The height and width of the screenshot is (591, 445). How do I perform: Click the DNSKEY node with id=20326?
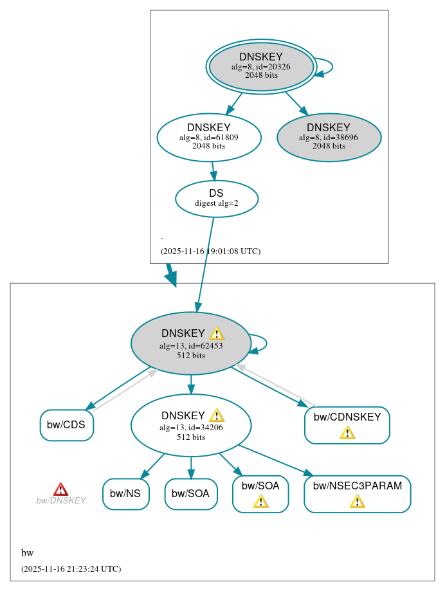(261, 66)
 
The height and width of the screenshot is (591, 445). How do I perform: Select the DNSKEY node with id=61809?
(209, 136)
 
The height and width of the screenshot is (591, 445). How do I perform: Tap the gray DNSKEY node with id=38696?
(329, 137)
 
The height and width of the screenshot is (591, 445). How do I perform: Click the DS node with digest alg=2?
(216, 199)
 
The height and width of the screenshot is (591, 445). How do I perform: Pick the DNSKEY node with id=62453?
(190, 343)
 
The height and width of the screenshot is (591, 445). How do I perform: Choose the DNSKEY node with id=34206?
(190, 425)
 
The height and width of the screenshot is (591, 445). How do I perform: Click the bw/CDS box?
(67, 425)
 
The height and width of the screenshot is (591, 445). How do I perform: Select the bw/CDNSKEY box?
(347, 425)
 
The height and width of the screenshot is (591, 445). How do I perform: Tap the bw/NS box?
(125, 494)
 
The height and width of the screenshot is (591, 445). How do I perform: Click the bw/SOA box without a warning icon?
(191, 494)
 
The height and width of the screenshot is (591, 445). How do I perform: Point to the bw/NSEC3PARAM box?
(357, 494)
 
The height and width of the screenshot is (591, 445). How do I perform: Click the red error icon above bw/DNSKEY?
(60, 489)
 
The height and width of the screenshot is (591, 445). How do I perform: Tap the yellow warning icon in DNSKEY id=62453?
(217, 333)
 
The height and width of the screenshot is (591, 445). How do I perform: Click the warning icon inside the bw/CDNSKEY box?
(347, 432)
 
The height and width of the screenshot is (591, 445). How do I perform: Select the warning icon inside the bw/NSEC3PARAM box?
(357, 501)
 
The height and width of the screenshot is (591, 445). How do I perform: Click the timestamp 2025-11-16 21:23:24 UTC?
(71, 569)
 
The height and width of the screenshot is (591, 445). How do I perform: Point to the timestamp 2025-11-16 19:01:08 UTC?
(210, 251)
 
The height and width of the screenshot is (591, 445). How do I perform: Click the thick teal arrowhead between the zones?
(171, 278)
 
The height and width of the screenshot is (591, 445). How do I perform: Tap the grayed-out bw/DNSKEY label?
(60, 501)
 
